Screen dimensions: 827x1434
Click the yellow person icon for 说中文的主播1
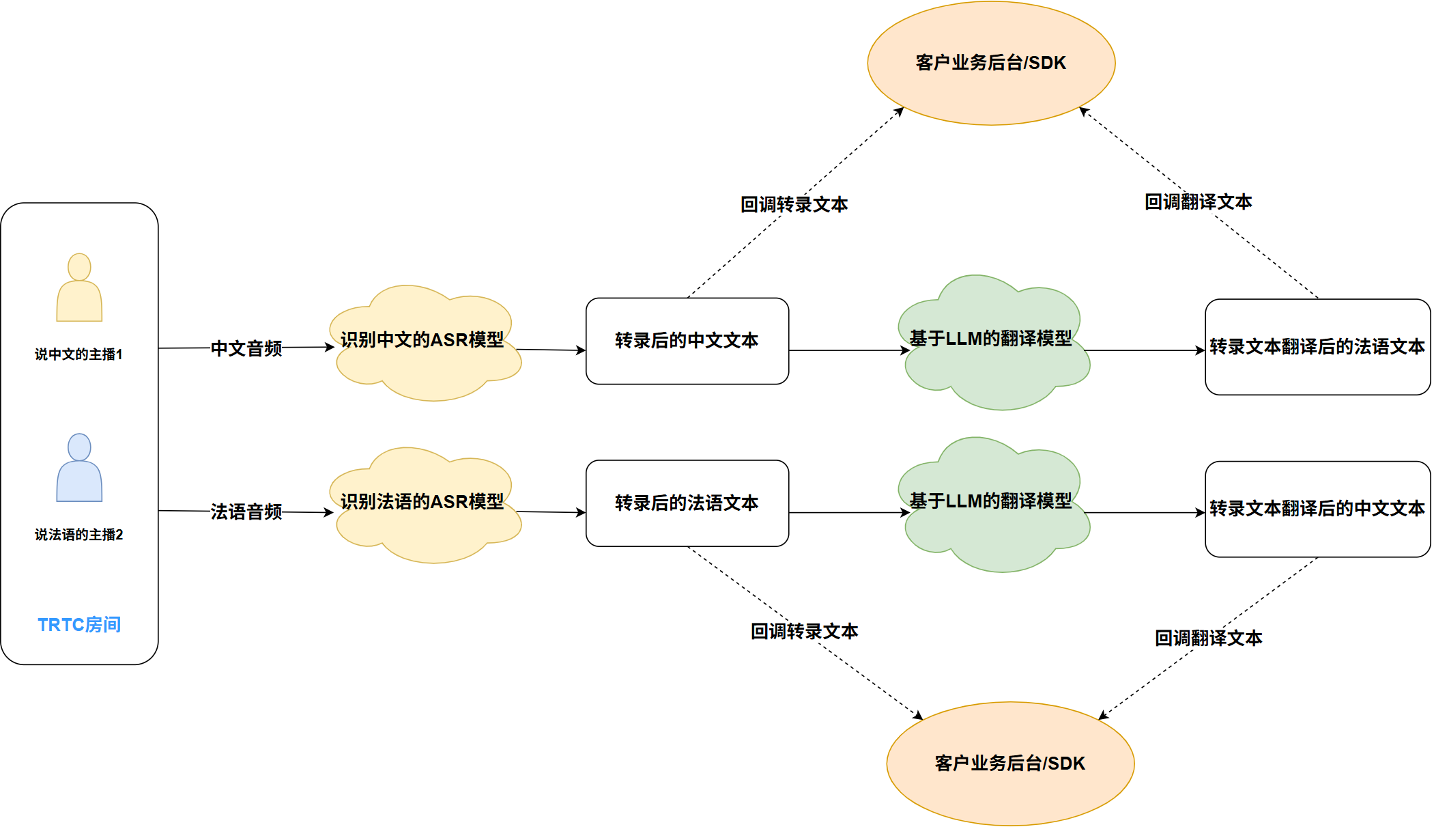click(x=79, y=288)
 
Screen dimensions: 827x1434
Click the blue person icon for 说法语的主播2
click(x=79, y=468)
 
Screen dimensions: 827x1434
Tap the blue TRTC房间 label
click(x=79, y=624)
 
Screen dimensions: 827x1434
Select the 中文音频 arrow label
click(x=246, y=348)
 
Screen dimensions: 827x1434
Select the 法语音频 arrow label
click(x=246, y=511)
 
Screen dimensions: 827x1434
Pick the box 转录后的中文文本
click(x=687, y=341)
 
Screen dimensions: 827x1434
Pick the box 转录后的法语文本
click(x=687, y=503)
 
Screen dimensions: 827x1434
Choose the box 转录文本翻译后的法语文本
click(x=1317, y=347)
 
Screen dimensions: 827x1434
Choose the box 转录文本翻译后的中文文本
click(x=1317, y=509)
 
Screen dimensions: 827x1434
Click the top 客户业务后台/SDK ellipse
click(x=991, y=63)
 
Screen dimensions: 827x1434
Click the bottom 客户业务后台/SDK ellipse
click(x=1010, y=763)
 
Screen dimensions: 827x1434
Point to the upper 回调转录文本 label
click(x=794, y=204)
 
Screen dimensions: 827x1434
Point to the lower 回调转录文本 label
click(x=805, y=631)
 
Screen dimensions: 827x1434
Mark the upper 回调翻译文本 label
click(x=1199, y=201)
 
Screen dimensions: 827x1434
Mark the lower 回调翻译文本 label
click(x=1209, y=638)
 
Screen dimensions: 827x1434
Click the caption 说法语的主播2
click(x=79, y=535)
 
